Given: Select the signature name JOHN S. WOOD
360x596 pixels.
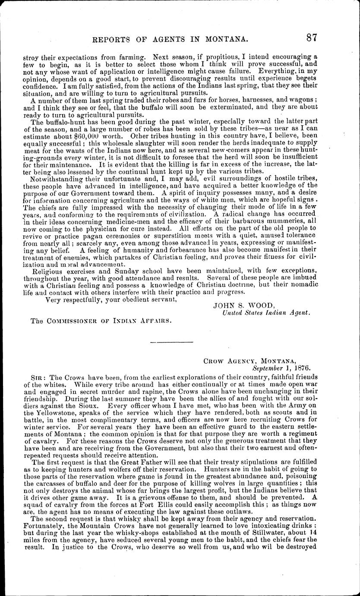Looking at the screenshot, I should pos(236,305).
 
